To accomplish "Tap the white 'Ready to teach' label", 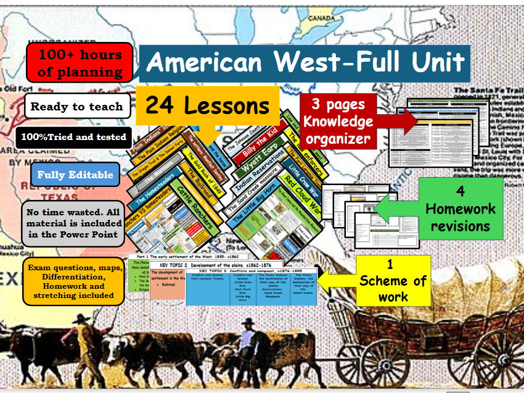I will pyautogui.click(x=77, y=106).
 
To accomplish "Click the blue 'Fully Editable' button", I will pyautogui.click(x=75, y=175).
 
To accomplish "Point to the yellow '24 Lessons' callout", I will pyautogui.click(x=207, y=105).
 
